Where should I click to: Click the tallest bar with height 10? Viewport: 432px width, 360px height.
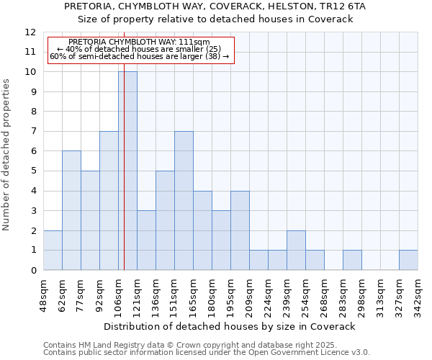127,171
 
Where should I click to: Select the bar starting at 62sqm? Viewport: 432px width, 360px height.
71,210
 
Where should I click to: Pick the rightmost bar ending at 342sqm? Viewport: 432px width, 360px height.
408,260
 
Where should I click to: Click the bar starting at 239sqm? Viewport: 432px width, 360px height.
296,250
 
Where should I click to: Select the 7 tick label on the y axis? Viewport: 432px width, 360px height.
32,132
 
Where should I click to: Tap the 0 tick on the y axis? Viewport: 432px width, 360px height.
32,271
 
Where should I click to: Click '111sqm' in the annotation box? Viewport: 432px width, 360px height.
194,42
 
